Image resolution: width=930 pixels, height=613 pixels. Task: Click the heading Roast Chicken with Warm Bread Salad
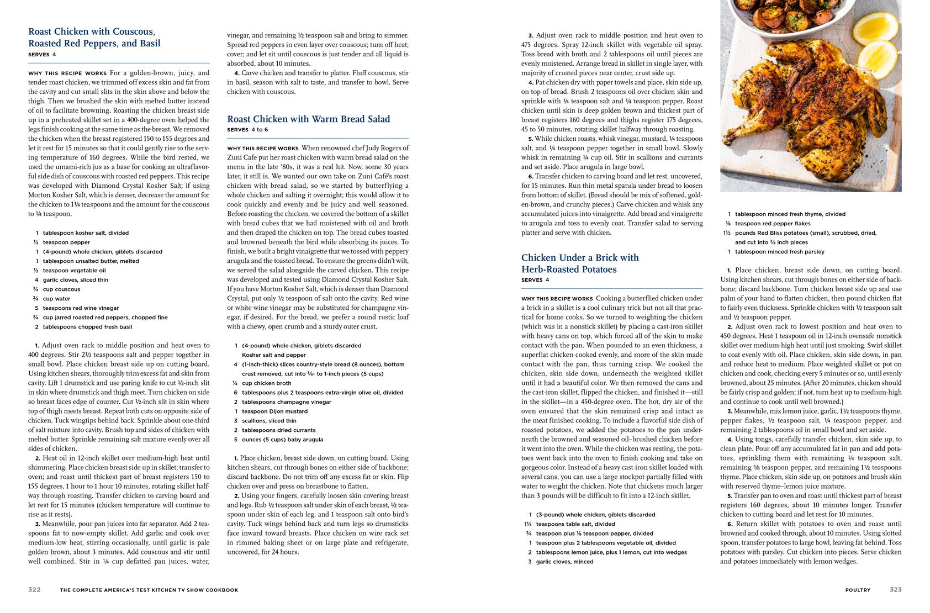[x=308, y=119]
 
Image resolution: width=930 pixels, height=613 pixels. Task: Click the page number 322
[x=34, y=590]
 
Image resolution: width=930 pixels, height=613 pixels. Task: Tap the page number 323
[x=895, y=590]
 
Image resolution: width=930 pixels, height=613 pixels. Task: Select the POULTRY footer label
[x=857, y=590]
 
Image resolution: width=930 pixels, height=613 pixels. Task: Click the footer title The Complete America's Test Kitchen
[x=149, y=590]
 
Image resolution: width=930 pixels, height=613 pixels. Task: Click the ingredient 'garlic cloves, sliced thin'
[x=76, y=280]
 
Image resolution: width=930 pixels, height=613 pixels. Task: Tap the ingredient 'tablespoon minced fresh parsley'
[x=779, y=252]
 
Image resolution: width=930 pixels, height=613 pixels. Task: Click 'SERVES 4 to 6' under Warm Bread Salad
[x=247, y=130]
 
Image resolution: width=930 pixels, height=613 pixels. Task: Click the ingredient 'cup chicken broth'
[x=266, y=383]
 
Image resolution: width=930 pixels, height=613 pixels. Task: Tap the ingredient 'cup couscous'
[x=61, y=289]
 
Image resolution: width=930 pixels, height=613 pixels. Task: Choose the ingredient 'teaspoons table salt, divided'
[x=575, y=524]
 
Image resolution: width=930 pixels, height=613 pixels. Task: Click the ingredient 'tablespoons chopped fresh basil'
[x=87, y=327]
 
